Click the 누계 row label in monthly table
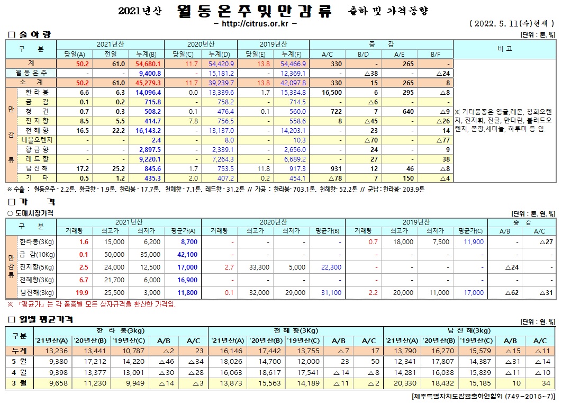(x=20, y=351)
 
